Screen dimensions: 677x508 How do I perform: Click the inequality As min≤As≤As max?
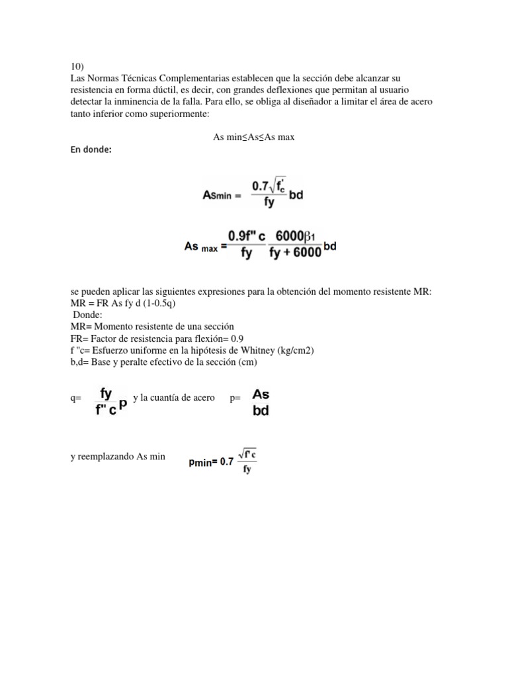click(253, 137)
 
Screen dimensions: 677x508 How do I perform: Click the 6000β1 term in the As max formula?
click(296, 235)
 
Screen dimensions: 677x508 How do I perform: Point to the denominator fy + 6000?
click(295, 254)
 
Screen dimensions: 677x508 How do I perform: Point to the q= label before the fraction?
click(75, 399)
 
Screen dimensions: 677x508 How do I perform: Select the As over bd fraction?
click(261, 402)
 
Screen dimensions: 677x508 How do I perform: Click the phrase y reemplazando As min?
click(118, 457)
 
